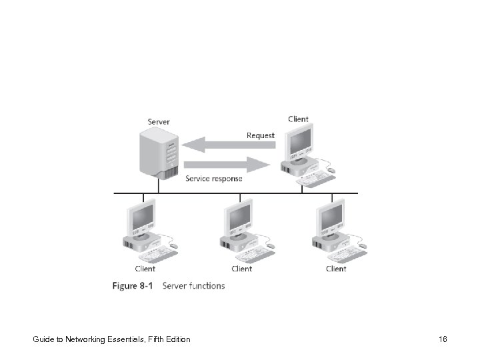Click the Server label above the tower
(158, 121)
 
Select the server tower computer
(157, 153)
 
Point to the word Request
(260, 135)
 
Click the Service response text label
(213, 179)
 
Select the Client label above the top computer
(298, 119)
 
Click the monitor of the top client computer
(298, 143)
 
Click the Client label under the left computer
(145, 269)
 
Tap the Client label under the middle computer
(241, 269)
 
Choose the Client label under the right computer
(336, 269)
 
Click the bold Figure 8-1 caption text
(133, 286)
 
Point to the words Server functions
(194, 286)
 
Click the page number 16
(443, 339)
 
